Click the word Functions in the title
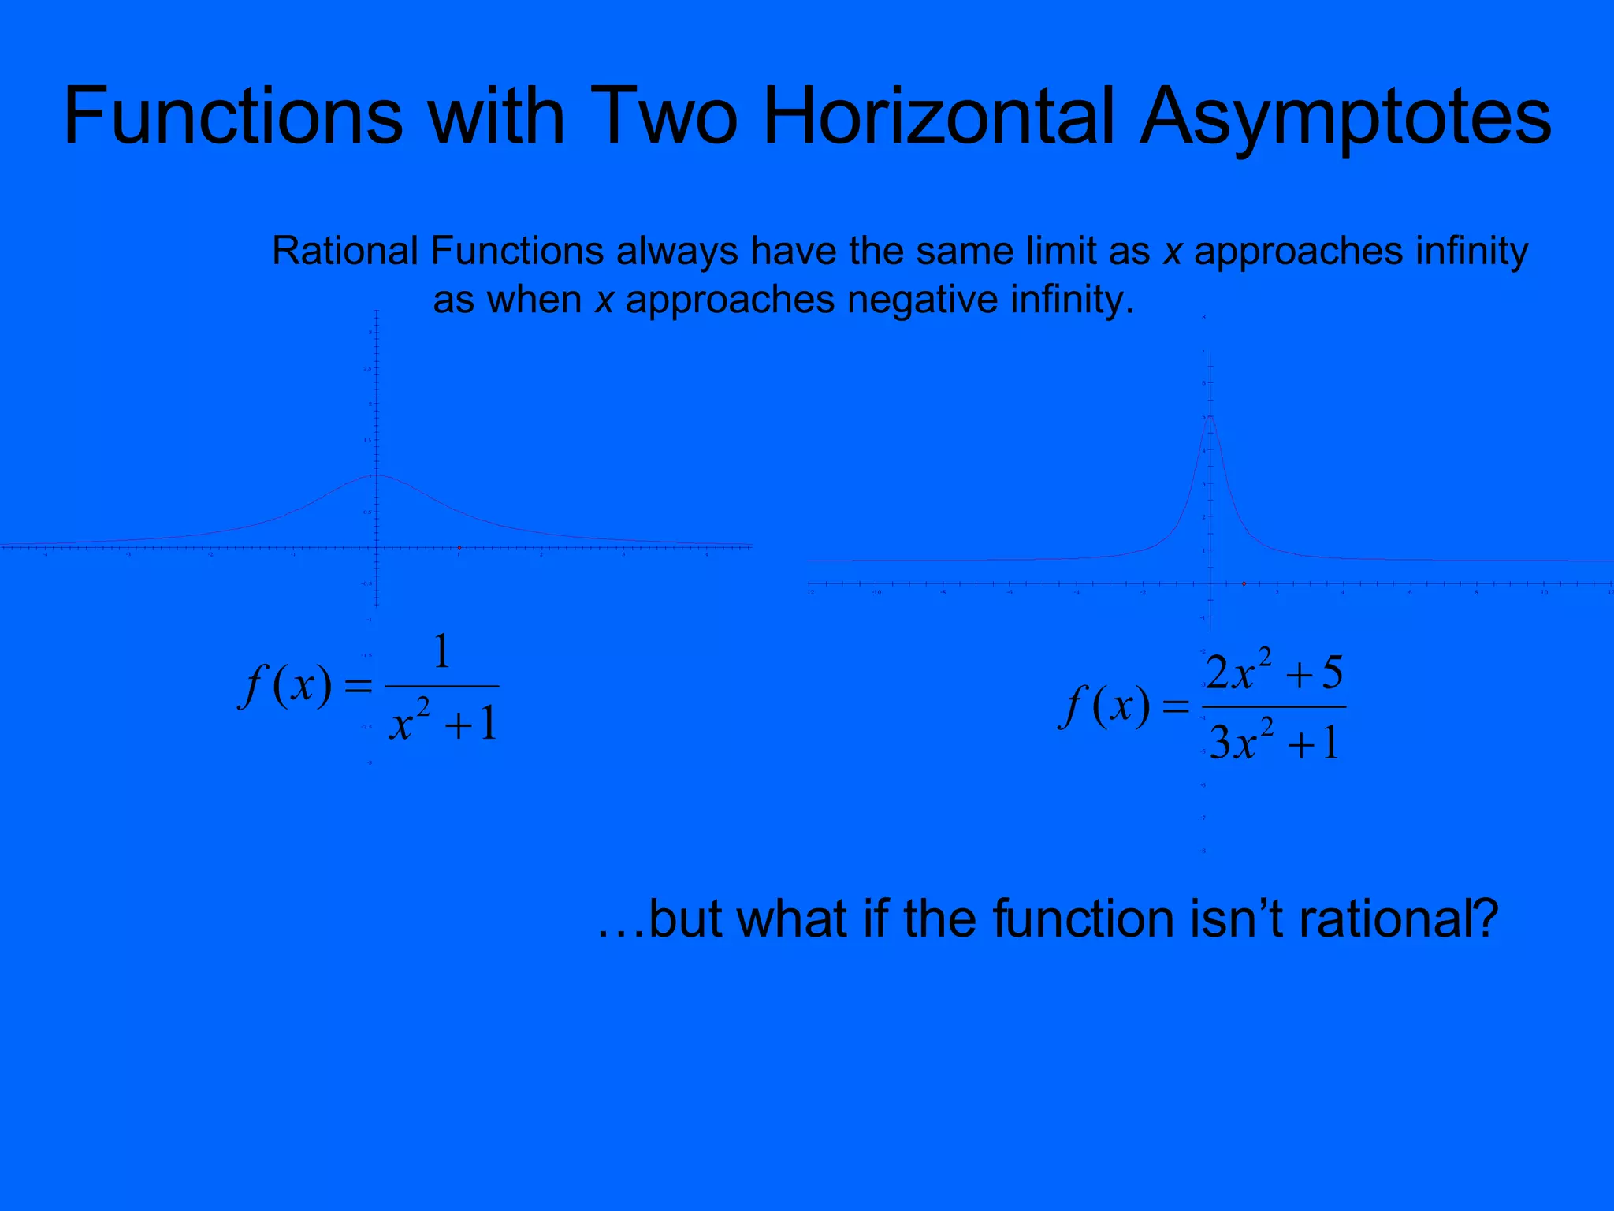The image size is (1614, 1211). (232, 116)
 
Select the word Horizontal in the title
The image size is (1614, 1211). (939, 116)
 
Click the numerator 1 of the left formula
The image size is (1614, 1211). (442, 652)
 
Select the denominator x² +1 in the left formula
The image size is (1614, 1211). (443, 721)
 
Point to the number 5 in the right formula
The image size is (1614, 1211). (1332, 673)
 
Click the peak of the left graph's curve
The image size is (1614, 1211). (377, 475)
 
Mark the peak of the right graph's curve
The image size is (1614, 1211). (1210, 415)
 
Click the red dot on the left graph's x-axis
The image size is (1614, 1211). (459, 547)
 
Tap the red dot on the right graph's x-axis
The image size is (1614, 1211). (1244, 583)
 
